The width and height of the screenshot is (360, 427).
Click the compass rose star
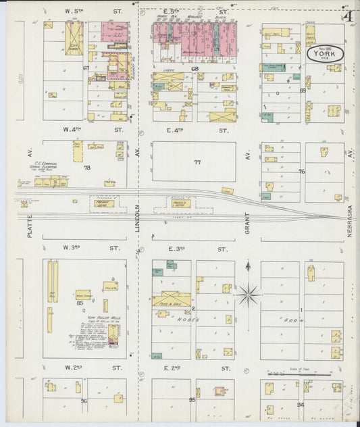coord(249,293)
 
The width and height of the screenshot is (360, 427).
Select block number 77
coord(197,162)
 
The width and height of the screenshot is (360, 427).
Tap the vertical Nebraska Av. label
coord(351,196)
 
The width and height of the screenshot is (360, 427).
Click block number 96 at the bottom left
coord(84,401)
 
